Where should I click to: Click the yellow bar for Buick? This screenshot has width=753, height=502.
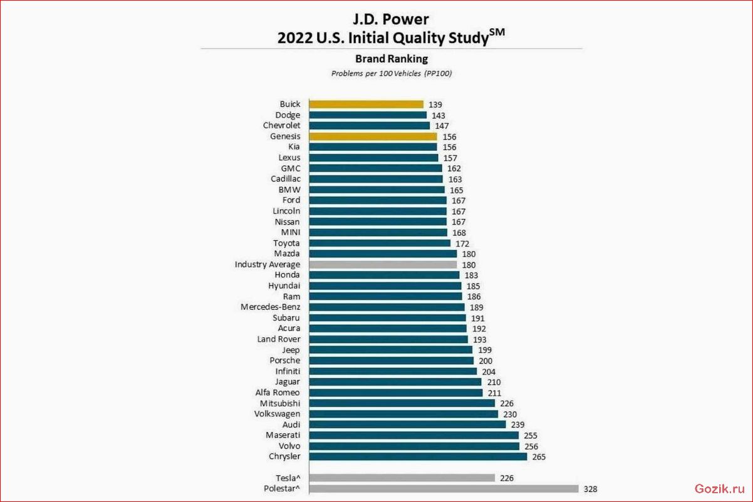(366, 105)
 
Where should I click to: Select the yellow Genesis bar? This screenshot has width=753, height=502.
(373, 136)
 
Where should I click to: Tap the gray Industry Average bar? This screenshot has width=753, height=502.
(383, 265)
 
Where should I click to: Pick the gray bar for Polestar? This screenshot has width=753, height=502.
(444, 489)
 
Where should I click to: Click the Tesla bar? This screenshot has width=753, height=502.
(402, 478)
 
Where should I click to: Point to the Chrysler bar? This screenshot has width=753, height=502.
(418, 457)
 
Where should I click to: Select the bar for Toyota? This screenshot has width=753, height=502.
(380, 243)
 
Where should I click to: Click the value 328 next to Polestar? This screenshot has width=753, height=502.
(590, 489)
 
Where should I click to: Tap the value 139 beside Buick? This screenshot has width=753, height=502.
(435, 105)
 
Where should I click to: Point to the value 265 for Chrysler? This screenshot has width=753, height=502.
(539, 457)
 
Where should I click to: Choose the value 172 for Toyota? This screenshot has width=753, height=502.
(462, 243)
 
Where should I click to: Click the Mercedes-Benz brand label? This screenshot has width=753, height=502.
(270, 307)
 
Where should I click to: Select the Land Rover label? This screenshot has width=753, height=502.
(279, 339)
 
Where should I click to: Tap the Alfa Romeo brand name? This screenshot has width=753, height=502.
(278, 392)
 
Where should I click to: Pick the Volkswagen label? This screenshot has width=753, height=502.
(277, 414)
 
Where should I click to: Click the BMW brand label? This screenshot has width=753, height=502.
(289, 190)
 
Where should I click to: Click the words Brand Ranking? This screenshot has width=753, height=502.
(392, 59)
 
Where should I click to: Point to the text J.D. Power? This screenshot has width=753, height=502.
(391, 19)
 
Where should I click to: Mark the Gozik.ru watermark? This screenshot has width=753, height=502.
(720, 489)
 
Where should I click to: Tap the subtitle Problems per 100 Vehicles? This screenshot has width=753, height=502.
(376, 73)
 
